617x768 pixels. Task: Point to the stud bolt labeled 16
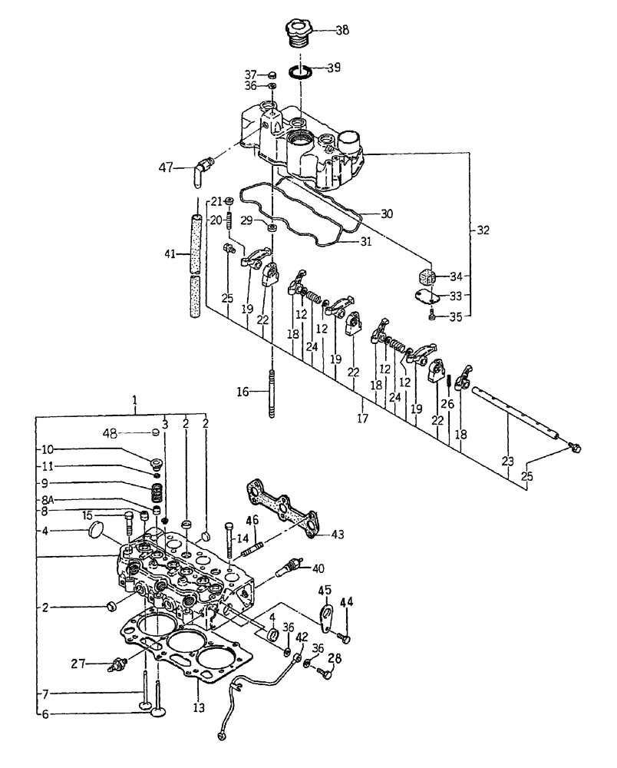coord(273,392)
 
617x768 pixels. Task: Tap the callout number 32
coord(481,230)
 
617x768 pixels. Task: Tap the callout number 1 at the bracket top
coord(134,402)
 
